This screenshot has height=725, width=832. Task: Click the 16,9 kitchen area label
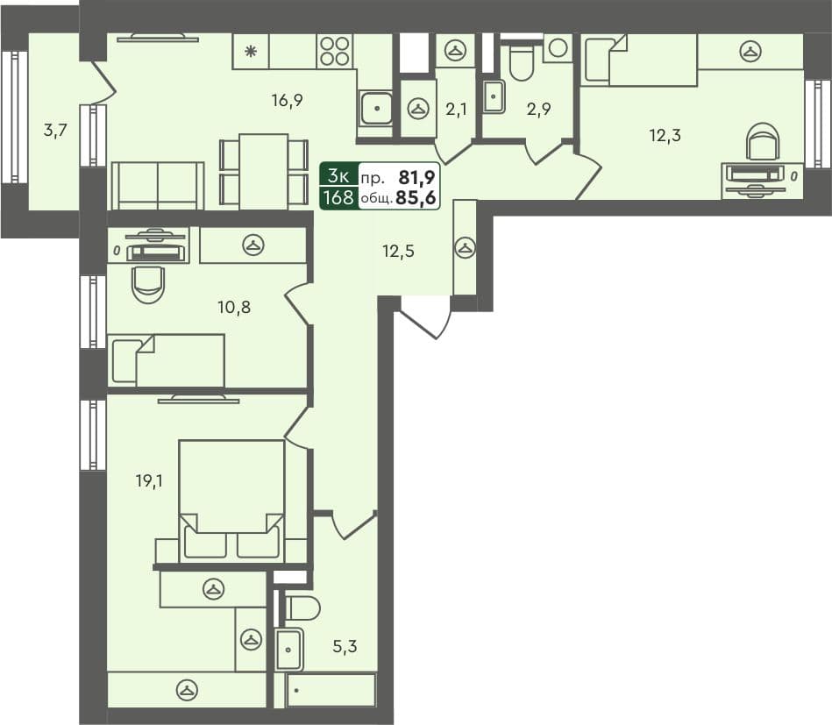click(x=287, y=100)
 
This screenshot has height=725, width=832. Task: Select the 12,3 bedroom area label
click(x=665, y=135)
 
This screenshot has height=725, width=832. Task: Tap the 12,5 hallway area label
click(x=397, y=251)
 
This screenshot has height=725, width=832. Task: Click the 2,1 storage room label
click(x=456, y=109)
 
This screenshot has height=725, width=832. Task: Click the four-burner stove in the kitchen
click(x=335, y=51)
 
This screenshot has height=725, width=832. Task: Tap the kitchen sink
click(x=377, y=107)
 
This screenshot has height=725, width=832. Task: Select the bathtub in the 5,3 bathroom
click(x=331, y=690)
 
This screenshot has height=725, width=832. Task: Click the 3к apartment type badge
click(x=338, y=174)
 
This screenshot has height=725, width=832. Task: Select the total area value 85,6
click(x=416, y=198)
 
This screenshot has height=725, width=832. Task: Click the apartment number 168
click(x=338, y=197)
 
